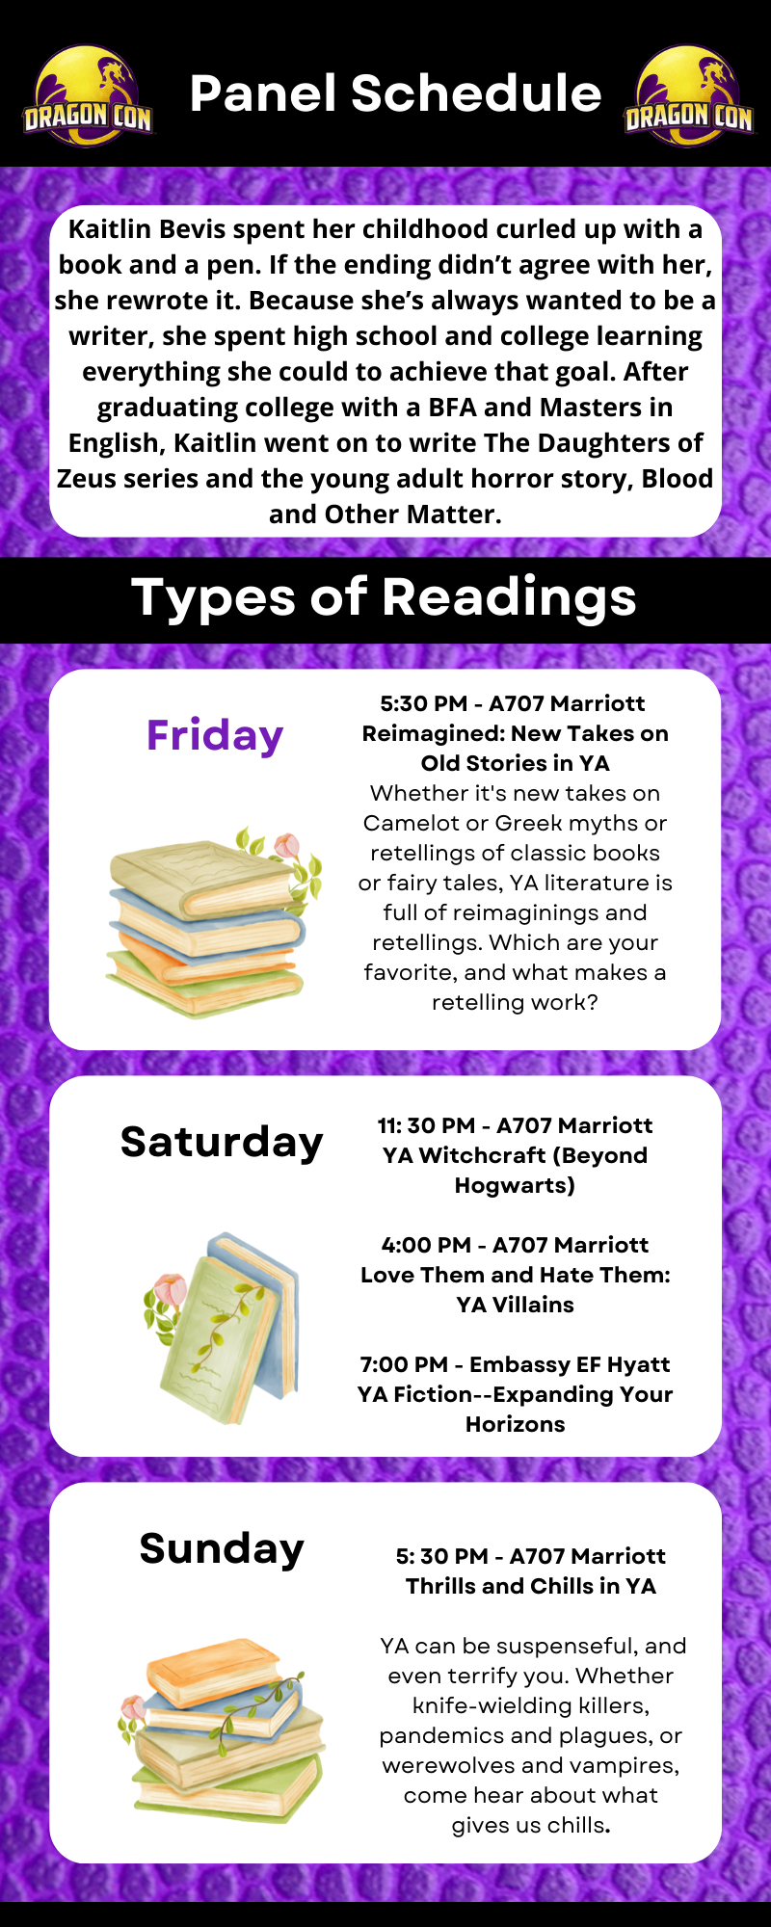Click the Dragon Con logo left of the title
click(88, 96)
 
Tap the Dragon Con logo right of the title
click(688, 96)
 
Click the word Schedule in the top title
click(476, 93)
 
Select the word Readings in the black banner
click(510, 597)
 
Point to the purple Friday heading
click(215, 735)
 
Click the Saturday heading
click(222, 1142)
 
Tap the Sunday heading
click(222, 1548)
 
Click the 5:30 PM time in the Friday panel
click(423, 703)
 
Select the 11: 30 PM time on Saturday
click(426, 1125)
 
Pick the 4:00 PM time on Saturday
click(426, 1245)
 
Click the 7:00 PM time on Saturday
click(404, 1364)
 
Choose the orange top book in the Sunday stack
click(214, 1670)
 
